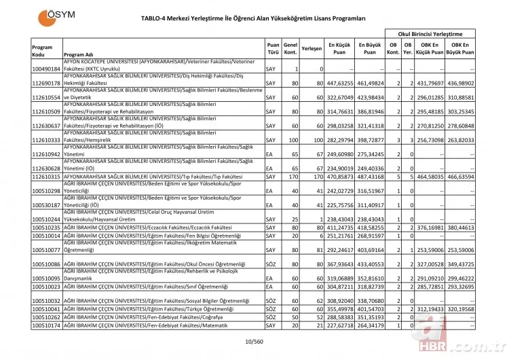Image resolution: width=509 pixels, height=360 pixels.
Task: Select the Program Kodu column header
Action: point(42,50)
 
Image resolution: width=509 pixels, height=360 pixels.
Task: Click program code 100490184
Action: point(46,69)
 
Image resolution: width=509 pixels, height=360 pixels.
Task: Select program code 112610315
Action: point(46,176)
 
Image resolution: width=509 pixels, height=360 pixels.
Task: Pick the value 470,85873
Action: point(341,176)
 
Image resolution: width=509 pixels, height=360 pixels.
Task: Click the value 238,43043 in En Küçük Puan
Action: point(341,219)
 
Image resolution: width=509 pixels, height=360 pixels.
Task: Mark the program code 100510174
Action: point(46,325)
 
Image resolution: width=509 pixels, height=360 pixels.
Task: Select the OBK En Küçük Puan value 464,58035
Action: point(429,176)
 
